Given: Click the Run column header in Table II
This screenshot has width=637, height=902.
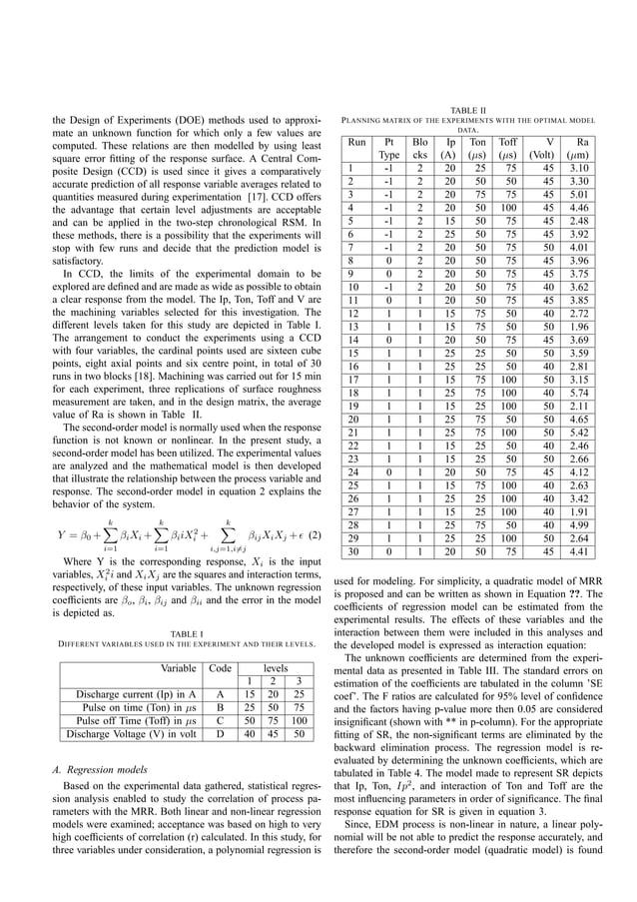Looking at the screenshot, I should [356, 143].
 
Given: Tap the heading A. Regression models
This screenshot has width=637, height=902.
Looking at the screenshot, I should [103, 769].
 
